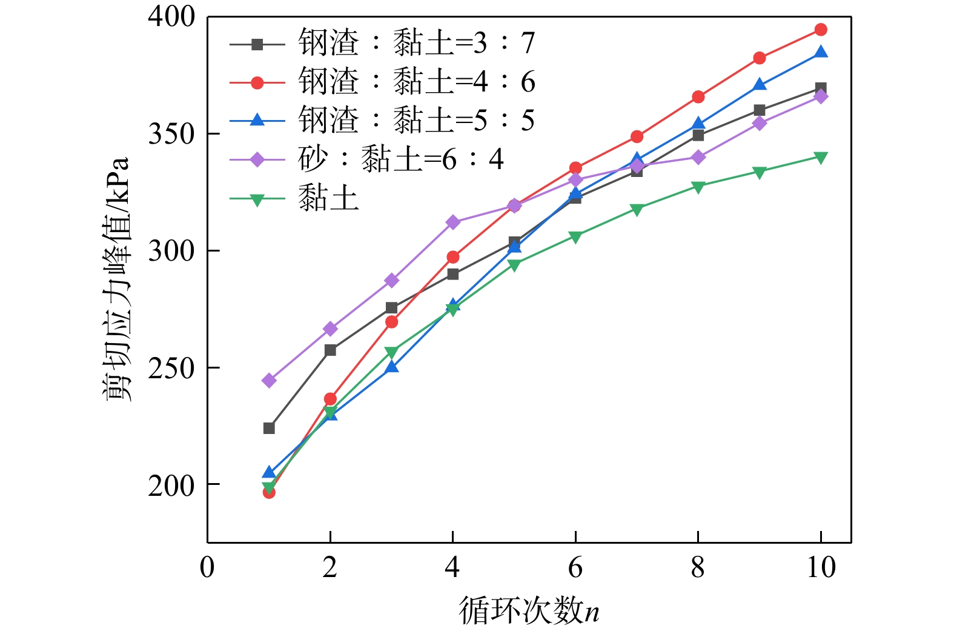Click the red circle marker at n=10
click(821, 30)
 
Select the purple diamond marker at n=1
click(269, 381)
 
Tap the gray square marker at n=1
click(269, 429)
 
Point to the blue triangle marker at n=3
click(392, 367)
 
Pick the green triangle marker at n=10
click(821, 158)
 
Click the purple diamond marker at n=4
click(453, 222)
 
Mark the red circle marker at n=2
click(330, 399)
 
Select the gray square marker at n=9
click(760, 110)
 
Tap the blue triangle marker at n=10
click(821, 52)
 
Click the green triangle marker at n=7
click(637, 210)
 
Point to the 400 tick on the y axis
click(172, 17)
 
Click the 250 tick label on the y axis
click(172, 368)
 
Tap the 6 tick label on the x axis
click(575, 567)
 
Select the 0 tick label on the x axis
click(207, 567)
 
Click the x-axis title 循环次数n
click(529, 610)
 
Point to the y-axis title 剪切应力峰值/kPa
click(116, 279)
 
